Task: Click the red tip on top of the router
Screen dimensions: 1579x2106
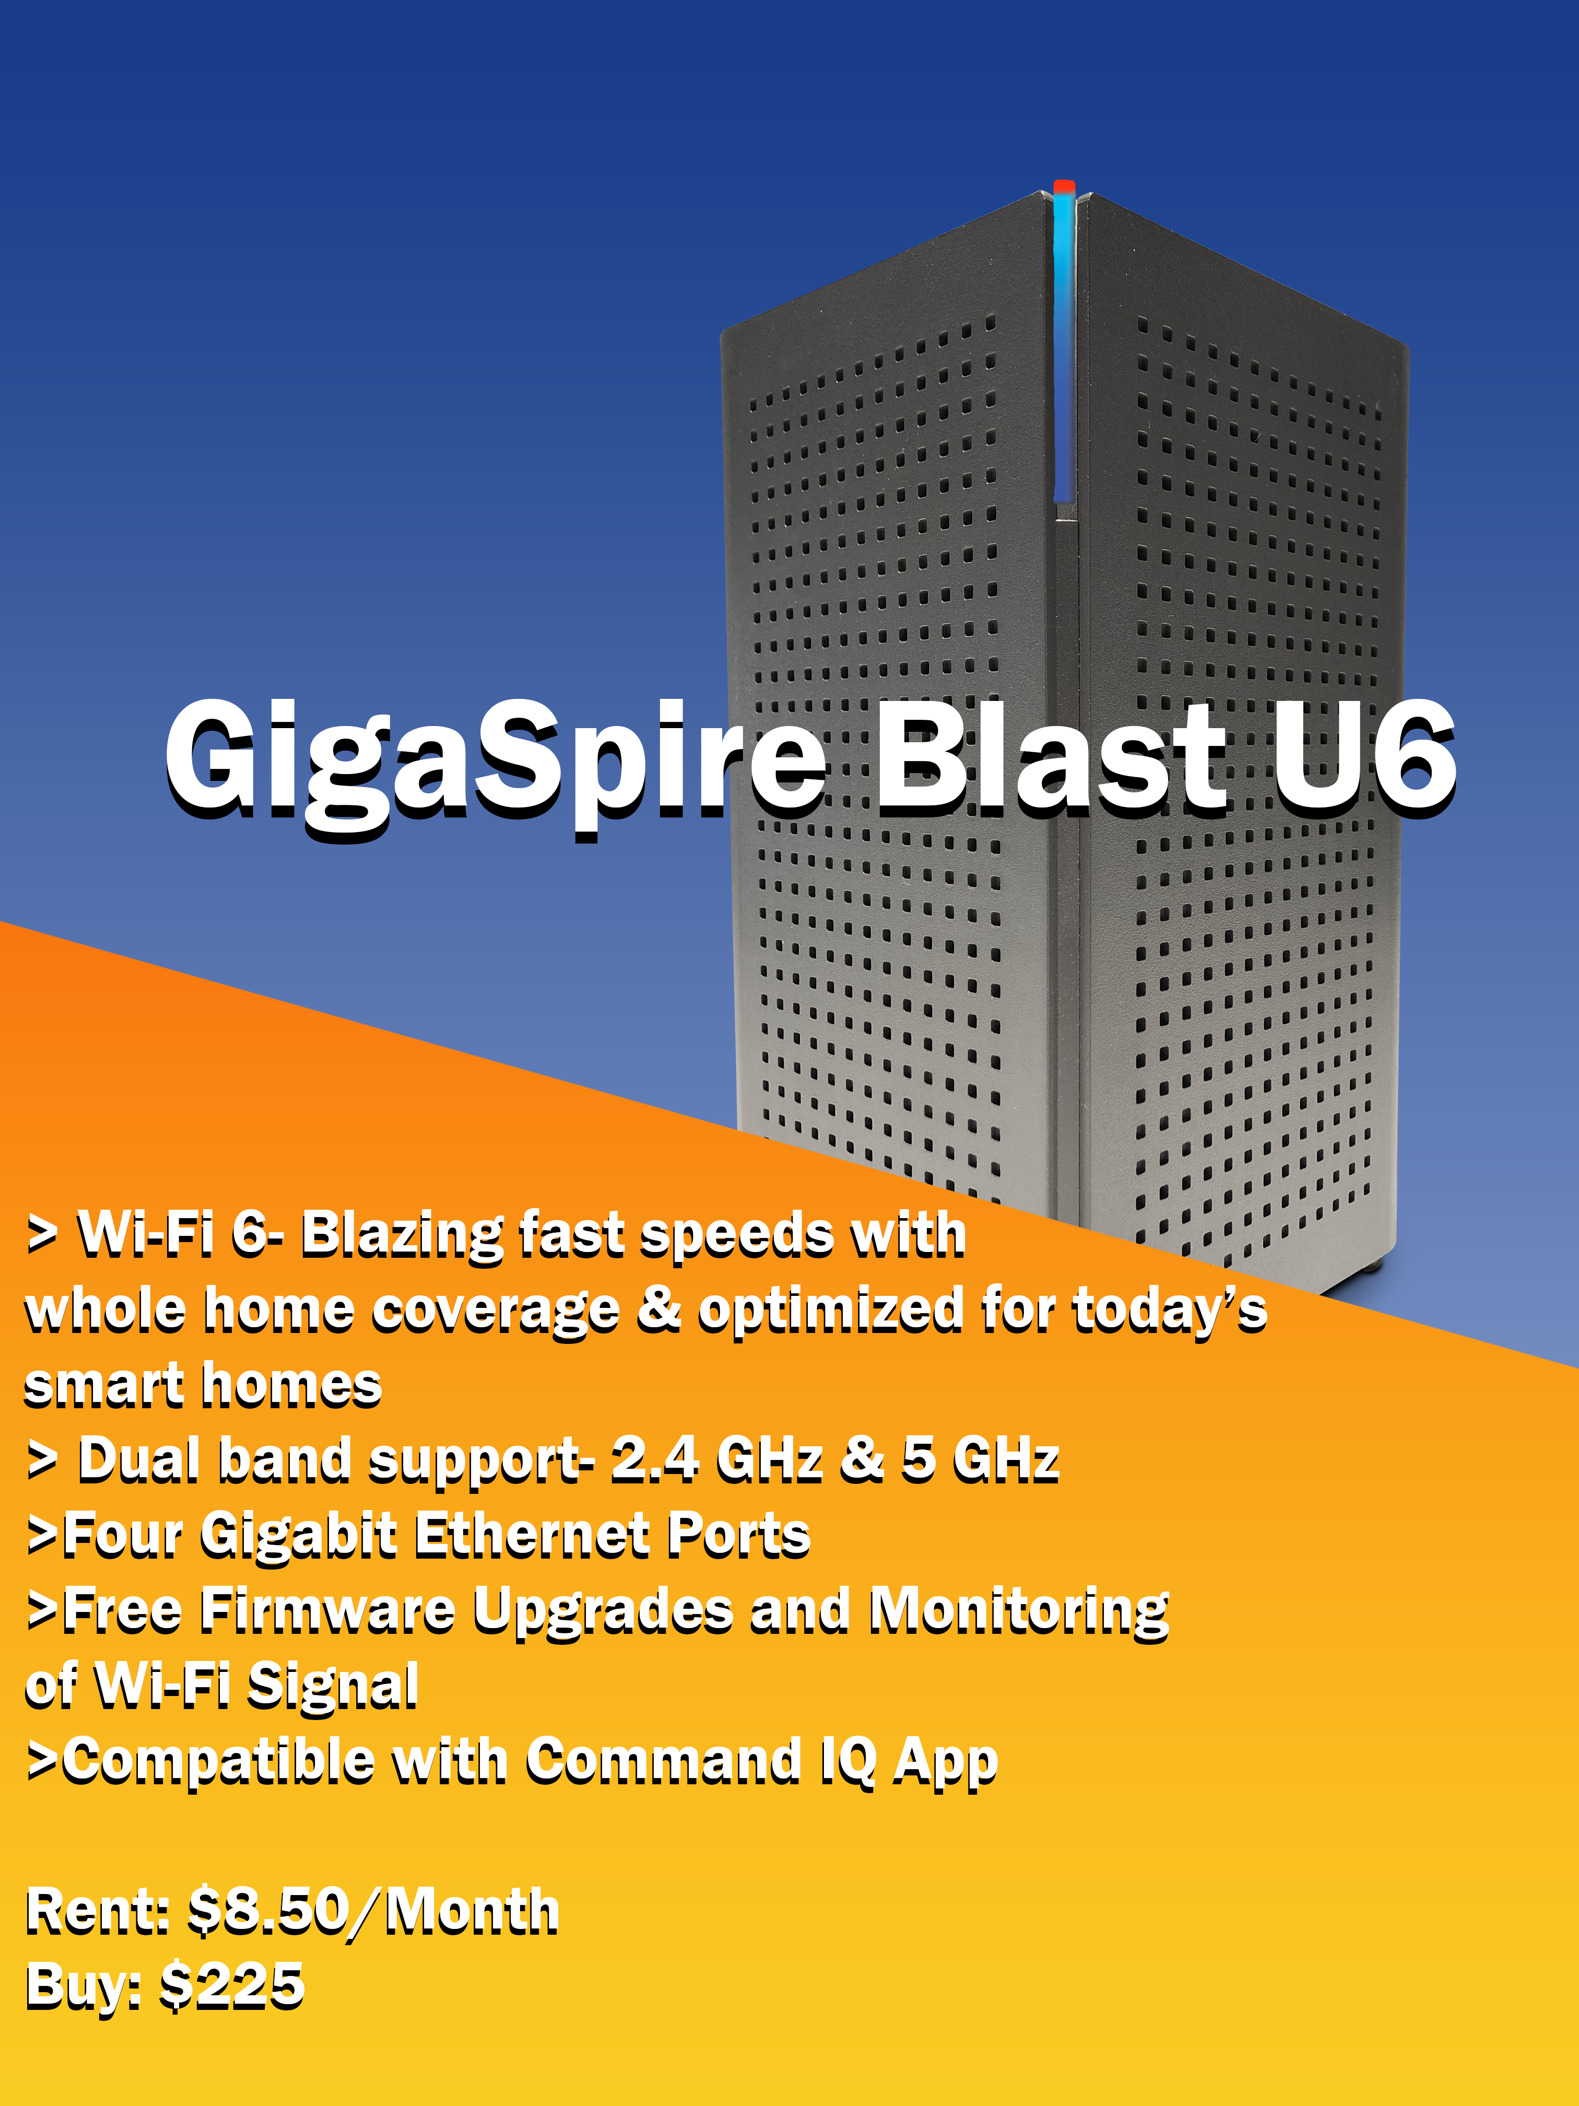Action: (1064, 186)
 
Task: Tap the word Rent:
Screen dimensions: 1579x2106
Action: (97, 1912)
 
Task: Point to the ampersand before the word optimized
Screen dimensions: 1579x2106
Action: (658, 1308)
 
